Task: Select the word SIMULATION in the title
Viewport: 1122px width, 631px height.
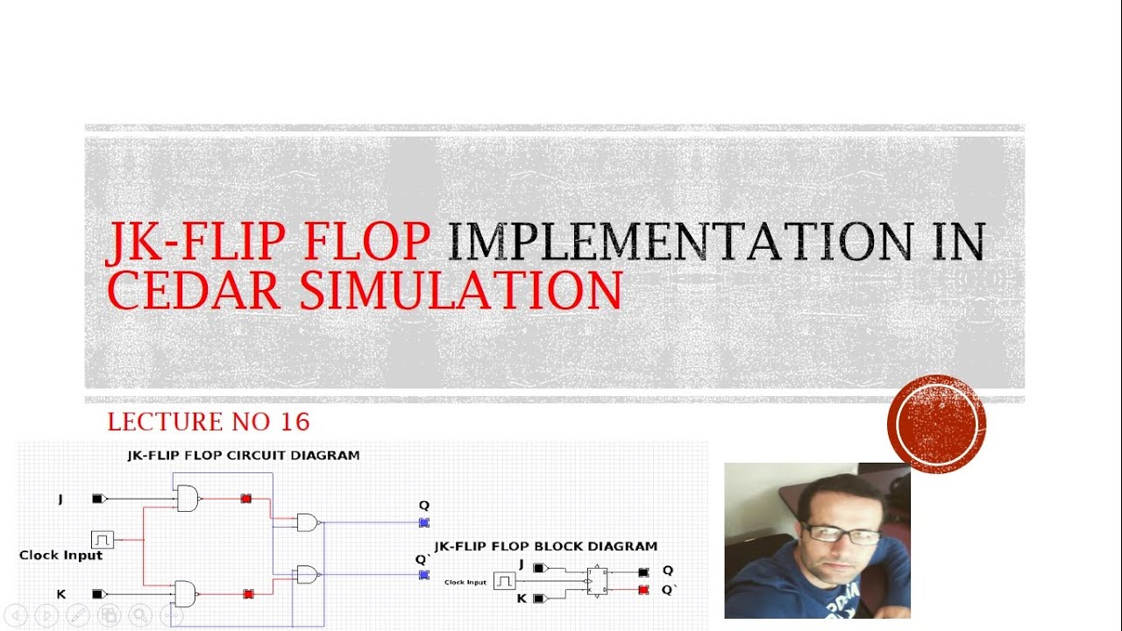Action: point(460,291)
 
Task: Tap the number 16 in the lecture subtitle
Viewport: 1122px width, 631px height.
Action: point(295,422)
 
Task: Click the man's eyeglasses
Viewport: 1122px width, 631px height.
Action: point(841,533)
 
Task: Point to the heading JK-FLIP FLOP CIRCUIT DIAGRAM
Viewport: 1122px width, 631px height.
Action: point(244,456)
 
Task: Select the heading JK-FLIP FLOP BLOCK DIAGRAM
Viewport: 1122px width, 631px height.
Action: point(545,546)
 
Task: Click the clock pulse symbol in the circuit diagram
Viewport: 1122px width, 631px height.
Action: point(103,540)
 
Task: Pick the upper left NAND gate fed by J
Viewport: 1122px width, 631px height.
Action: point(188,500)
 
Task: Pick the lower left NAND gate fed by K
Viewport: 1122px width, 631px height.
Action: point(186,594)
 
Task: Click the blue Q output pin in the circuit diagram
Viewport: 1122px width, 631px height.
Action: point(423,522)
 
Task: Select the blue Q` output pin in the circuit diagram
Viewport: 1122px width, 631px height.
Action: point(423,575)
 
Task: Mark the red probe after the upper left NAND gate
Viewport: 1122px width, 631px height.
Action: point(246,499)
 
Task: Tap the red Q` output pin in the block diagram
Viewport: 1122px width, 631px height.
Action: point(643,590)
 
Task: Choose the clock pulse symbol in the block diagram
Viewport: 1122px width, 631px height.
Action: point(503,581)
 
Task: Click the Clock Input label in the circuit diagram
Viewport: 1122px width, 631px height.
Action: point(61,556)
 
